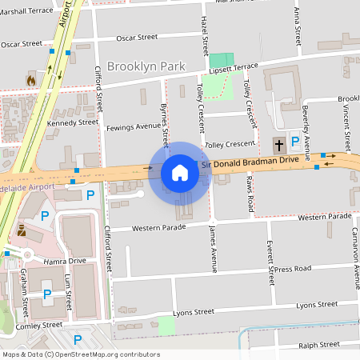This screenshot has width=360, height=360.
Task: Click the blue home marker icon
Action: point(180,172)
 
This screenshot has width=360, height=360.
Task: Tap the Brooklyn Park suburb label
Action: point(146,66)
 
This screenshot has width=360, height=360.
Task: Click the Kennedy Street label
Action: point(72,122)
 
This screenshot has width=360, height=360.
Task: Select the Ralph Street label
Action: point(318,346)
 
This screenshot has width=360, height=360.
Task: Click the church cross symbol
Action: point(278,146)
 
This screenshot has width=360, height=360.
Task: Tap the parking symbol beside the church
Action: point(295,141)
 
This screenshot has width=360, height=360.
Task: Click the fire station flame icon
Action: point(30,80)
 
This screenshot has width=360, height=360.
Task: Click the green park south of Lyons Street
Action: point(166,326)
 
